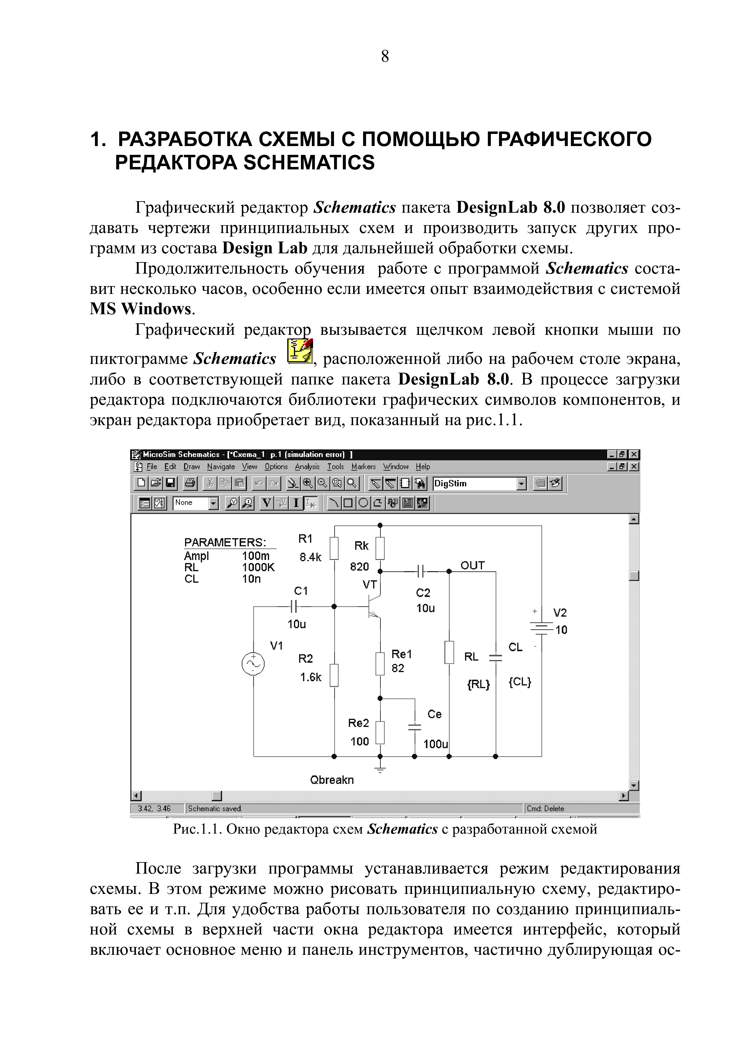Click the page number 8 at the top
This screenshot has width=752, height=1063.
pyautogui.click(x=385, y=56)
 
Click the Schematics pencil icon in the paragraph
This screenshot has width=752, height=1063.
pyautogui.click(x=300, y=351)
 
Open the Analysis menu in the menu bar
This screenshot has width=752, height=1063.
pyautogui.click(x=307, y=467)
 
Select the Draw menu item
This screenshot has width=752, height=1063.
pyautogui.click(x=191, y=467)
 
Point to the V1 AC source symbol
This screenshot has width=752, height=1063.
pyautogui.click(x=253, y=664)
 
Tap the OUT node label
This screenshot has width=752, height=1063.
pyautogui.click(x=473, y=565)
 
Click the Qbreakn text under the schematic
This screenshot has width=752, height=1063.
pyautogui.click(x=332, y=780)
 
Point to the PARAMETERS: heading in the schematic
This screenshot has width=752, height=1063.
pyautogui.click(x=225, y=542)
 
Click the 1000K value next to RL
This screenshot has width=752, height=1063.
pyautogui.click(x=258, y=567)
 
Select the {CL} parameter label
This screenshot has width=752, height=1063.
pyautogui.click(x=520, y=682)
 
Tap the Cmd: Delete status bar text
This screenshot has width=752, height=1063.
pyautogui.click(x=545, y=808)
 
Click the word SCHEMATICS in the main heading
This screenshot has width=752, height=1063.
pyautogui.click(x=309, y=162)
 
